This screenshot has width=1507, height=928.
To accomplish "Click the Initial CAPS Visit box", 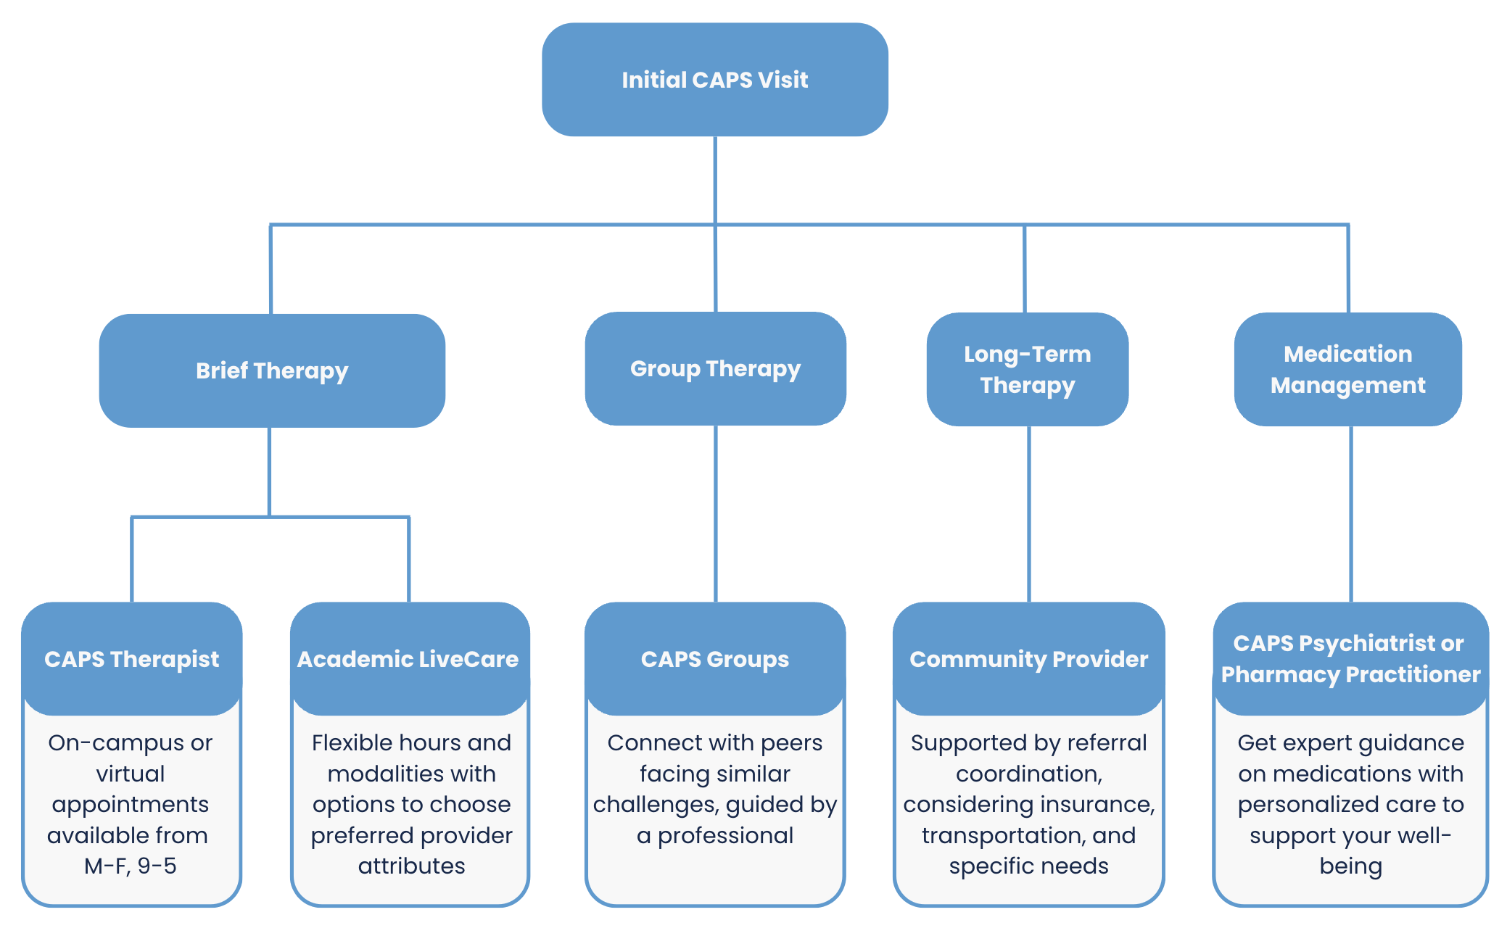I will (714, 80).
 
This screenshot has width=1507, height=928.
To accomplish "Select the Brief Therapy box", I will (272, 370).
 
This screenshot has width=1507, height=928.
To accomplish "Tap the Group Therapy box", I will (715, 368).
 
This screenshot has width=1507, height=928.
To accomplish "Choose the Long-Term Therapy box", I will (1027, 369).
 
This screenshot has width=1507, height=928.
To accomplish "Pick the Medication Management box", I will (1347, 369).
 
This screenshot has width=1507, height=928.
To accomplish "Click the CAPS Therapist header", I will (131, 659).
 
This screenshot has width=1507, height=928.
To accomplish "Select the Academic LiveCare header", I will (408, 659).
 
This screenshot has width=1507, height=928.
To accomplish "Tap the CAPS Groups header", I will (715, 659).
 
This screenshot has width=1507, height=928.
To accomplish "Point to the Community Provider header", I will (1028, 659).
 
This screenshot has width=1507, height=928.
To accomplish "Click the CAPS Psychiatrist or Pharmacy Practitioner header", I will (1350, 658).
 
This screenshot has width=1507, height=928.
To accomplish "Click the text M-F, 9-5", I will (131, 866).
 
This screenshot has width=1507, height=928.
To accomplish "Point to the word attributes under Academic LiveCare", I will (411, 866).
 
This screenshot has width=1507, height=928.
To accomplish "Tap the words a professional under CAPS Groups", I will (715, 835).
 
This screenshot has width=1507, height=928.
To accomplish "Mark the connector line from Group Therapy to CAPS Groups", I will (716, 515).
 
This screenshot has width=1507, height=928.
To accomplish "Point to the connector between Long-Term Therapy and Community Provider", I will (1028, 515).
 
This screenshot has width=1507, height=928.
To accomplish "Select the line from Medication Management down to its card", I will (1350, 515).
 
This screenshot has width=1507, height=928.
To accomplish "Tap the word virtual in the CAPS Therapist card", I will (131, 774).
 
